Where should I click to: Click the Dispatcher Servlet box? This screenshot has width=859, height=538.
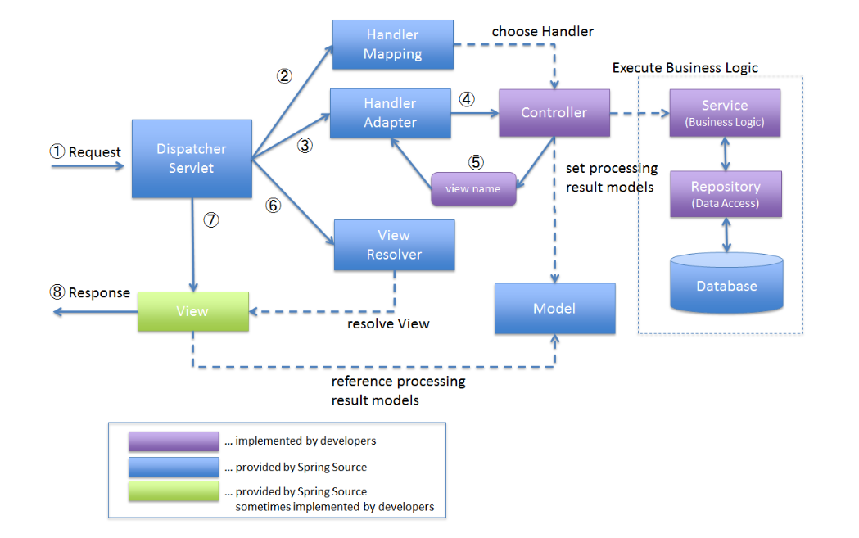(x=192, y=159)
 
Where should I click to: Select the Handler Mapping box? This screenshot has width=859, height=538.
(x=393, y=44)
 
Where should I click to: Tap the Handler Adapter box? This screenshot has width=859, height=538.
(x=391, y=113)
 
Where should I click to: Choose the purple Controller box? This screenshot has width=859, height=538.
(x=554, y=113)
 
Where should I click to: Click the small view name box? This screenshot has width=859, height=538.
(x=473, y=189)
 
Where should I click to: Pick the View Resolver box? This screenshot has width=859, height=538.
(x=394, y=245)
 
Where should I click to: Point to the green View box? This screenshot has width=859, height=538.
(x=192, y=311)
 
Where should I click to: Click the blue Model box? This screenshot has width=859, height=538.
(x=554, y=309)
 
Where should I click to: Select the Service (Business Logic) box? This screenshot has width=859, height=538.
(x=725, y=112)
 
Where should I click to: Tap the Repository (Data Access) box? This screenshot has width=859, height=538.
(x=725, y=194)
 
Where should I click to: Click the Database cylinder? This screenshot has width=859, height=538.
(x=726, y=283)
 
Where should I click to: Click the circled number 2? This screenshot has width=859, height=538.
(x=284, y=76)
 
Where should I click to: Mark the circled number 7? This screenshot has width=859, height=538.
(x=211, y=220)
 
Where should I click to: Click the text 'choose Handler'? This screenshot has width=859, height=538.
(x=542, y=31)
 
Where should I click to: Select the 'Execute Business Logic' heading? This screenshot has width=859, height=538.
(x=685, y=67)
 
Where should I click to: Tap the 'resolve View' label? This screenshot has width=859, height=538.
(x=388, y=323)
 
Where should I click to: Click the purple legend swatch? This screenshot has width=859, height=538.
(x=174, y=441)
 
